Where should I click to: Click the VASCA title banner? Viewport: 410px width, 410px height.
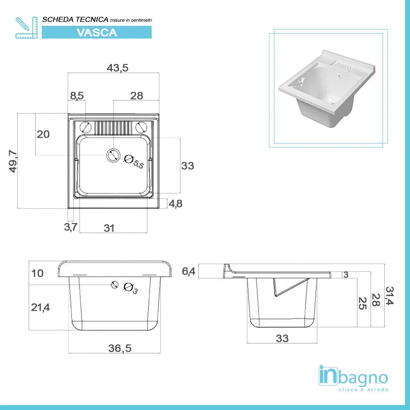point(97,32)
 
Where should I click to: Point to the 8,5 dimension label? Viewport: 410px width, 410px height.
point(77,96)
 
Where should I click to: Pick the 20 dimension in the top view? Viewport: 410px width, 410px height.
point(43,134)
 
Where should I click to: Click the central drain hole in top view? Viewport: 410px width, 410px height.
point(113,155)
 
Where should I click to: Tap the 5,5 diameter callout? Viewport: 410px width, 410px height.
point(134,162)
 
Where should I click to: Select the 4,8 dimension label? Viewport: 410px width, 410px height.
point(175,203)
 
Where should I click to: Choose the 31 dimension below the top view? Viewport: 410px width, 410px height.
point(109,228)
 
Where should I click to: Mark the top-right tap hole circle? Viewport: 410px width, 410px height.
point(141,127)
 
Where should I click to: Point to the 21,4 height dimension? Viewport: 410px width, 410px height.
point(40,307)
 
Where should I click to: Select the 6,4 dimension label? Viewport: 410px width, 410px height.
point(189,271)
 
